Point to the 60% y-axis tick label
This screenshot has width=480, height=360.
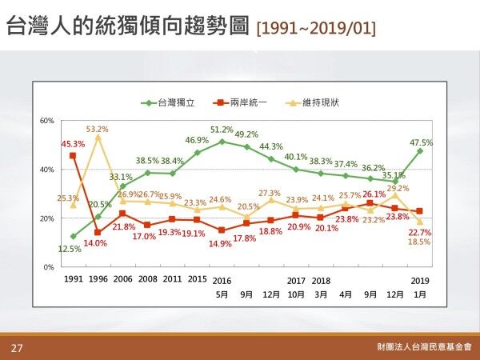coord(46,120)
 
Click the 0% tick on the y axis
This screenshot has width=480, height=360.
coord(49,266)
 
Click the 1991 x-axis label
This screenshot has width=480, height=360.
coord(73,281)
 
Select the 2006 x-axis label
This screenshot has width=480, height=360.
coord(122,281)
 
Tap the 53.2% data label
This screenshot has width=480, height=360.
coord(98,129)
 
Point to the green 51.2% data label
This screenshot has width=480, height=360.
coord(222,130)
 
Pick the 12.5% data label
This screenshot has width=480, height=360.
coord(71,249)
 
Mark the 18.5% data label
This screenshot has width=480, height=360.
coord(419,241)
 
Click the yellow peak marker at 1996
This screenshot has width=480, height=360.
coord(98,138)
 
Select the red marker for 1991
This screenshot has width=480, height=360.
coord(73,156)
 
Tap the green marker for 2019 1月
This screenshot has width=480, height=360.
coord(420,151)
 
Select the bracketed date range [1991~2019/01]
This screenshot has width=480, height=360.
coord(316,30)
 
